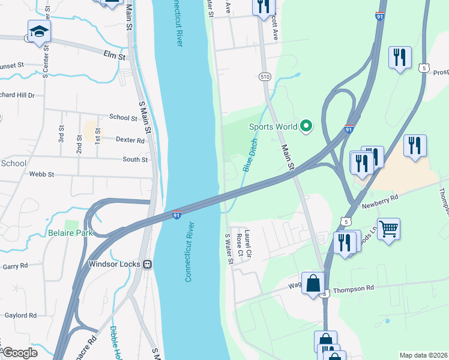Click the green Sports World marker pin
tap(306, 126)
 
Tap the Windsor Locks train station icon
tap(146, 264)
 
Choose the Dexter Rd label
tap(131, 140)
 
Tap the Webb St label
tap(42, 175)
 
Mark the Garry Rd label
tap(15, 266)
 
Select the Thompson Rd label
tap(353, 289)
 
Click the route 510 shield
tap(265, 77)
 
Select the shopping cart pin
tap(389, 229)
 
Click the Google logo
tap(19, 353)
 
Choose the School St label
tap(123, 118)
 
